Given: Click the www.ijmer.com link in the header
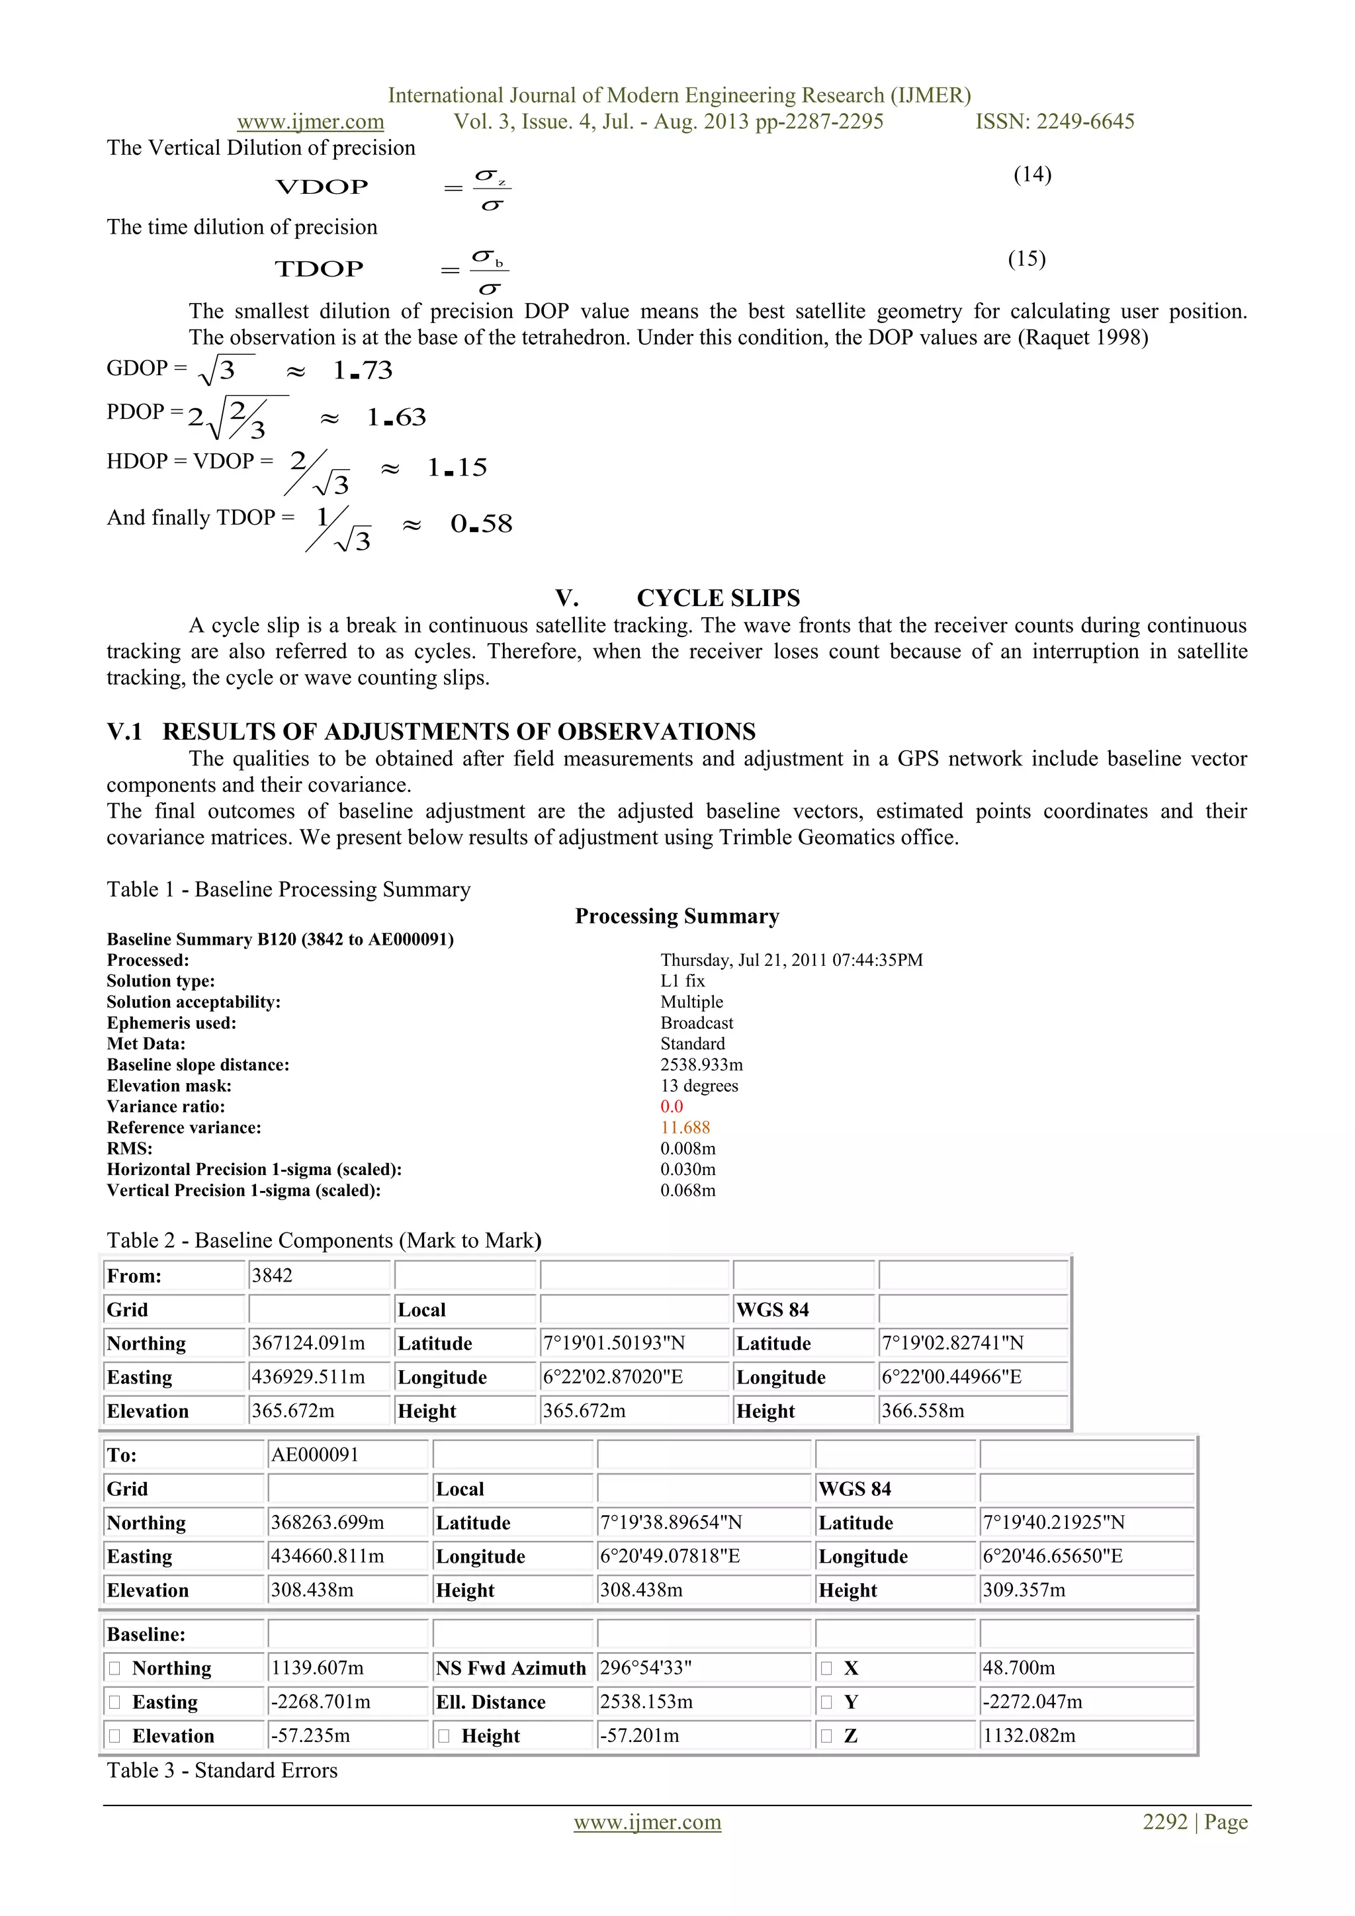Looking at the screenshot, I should (310, 122).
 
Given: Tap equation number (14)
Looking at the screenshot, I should (1032, 175).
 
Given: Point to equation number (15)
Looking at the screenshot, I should (1026, 259).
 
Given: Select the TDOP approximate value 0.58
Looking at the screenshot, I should (482, 524).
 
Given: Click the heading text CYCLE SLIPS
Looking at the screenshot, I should (718, 597).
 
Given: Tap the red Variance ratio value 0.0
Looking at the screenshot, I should (672, 1107).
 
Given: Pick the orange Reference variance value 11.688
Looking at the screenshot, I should (685, 1127).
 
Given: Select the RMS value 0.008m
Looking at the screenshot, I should (687, 1149).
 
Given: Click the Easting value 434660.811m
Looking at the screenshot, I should (327, 1555).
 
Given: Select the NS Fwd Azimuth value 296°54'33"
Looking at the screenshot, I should (646, 1667).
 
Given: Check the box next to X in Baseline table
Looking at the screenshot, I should (826, 1668).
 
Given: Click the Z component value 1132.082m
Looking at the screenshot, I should (1029, 1736).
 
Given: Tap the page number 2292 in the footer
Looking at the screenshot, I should (1164, 1821).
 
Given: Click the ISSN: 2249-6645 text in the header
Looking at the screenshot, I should (1055, 122).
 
